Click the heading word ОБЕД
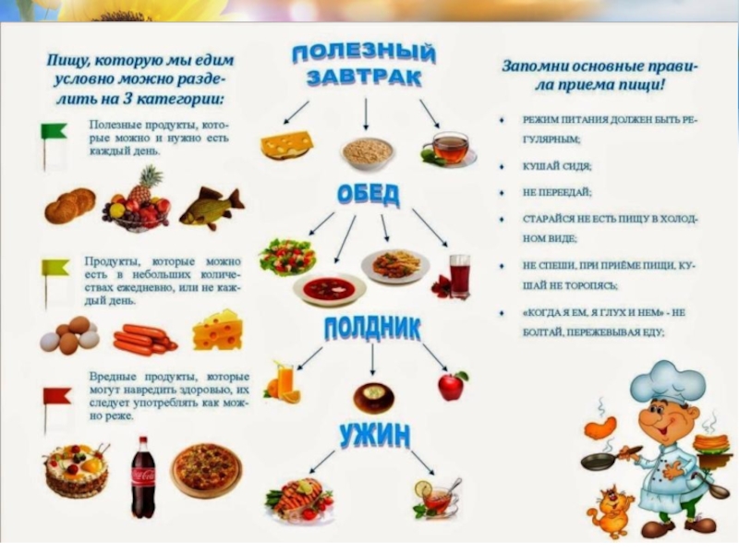[369, 195]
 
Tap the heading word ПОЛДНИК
[372, 327]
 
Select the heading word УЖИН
[373, 434]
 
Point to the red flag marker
[55, 398]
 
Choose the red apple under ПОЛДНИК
[452, 385]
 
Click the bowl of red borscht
[330, 288]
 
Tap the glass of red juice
[458, 275]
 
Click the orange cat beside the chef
[611, 513]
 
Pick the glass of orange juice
[284, 379]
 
